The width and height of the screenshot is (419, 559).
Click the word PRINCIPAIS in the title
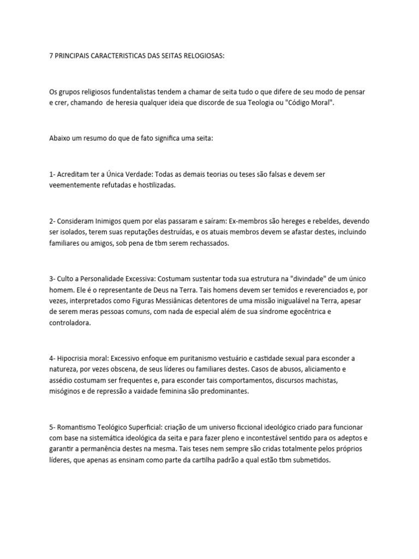75,56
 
